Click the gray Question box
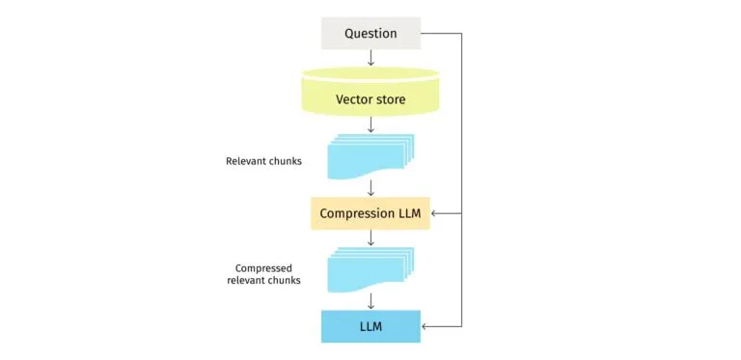370,34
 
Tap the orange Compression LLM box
370,213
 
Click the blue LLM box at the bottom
370,326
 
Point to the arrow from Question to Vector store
370,58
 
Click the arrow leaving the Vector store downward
370,125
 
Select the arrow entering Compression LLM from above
370,188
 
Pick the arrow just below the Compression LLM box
370,238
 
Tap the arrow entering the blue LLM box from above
370,301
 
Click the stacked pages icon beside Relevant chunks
370,156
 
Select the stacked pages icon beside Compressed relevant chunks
370,269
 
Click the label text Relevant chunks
263,161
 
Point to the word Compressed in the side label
263,268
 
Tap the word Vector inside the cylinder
353,99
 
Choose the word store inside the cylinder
390,99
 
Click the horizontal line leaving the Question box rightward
442,34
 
